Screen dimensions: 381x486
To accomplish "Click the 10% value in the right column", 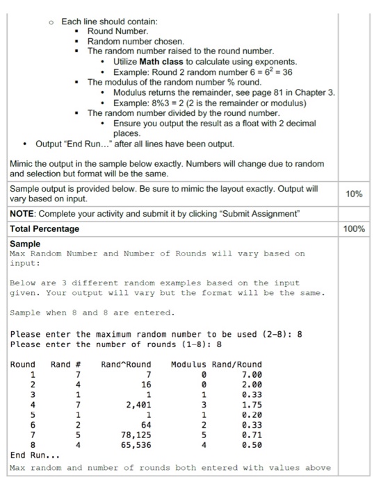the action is pos(354,194).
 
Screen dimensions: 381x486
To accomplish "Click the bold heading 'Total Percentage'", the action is pos(44,228).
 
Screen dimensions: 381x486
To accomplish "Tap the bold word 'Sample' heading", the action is pos(26,244).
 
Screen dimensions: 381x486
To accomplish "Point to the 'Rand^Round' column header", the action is pos(126,364).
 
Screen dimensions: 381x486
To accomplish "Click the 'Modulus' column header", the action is pos(189,364).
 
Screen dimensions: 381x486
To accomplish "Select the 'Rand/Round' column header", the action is pos(237,364).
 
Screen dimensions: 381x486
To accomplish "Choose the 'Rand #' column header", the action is pos(67,364).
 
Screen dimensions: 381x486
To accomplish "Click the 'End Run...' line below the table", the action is pos(35,455).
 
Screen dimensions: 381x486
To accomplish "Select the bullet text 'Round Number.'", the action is pos(117,31).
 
